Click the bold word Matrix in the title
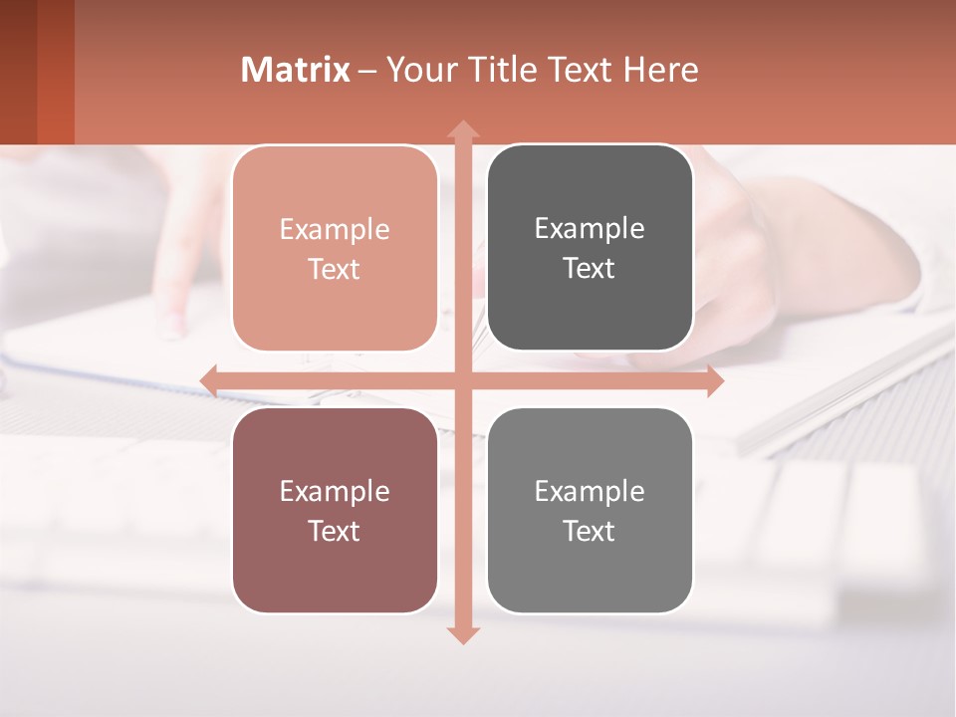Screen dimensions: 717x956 point(295,70)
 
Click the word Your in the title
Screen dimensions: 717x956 point(417,70)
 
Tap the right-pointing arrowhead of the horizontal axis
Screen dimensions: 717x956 point(714,381)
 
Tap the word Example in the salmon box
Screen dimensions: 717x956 point(335,229)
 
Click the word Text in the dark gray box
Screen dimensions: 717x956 point(590,269)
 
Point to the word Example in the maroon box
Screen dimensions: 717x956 point(335,491)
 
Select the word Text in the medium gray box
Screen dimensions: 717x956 point(590,531)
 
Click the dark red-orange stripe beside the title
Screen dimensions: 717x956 point(55,72)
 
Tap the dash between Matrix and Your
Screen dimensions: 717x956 point(367,71)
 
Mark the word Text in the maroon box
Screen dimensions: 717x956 point(335,531)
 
